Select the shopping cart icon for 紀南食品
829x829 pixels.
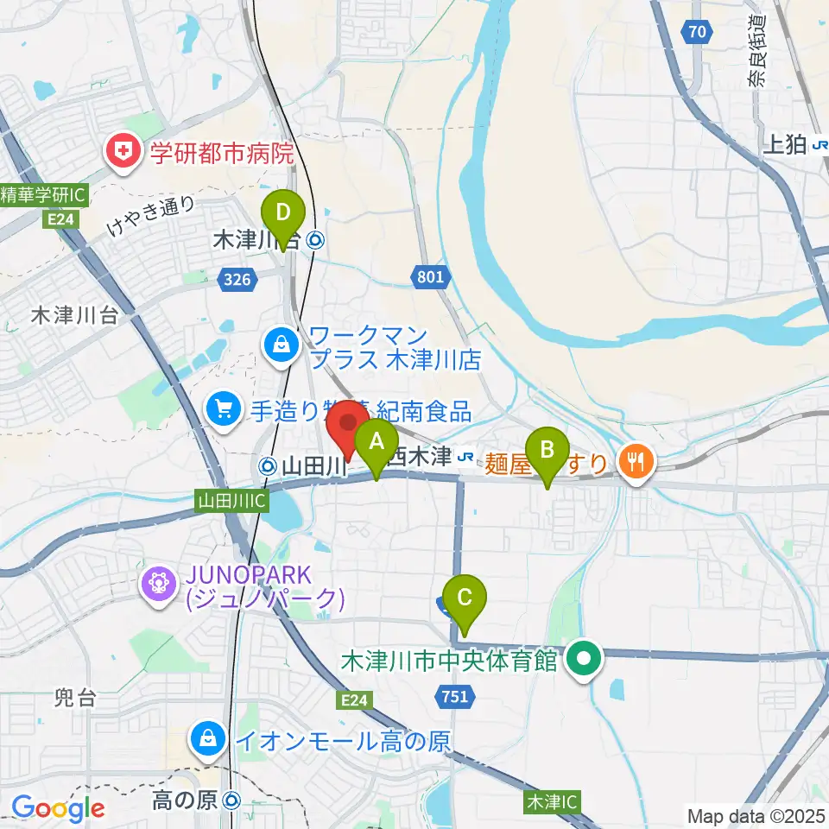click(x=224, y=407)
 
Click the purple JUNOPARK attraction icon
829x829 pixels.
click(x=160, y=585)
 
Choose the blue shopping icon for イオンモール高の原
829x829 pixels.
click(x=208, y=738)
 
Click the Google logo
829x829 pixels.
click(x=58, y=808)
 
